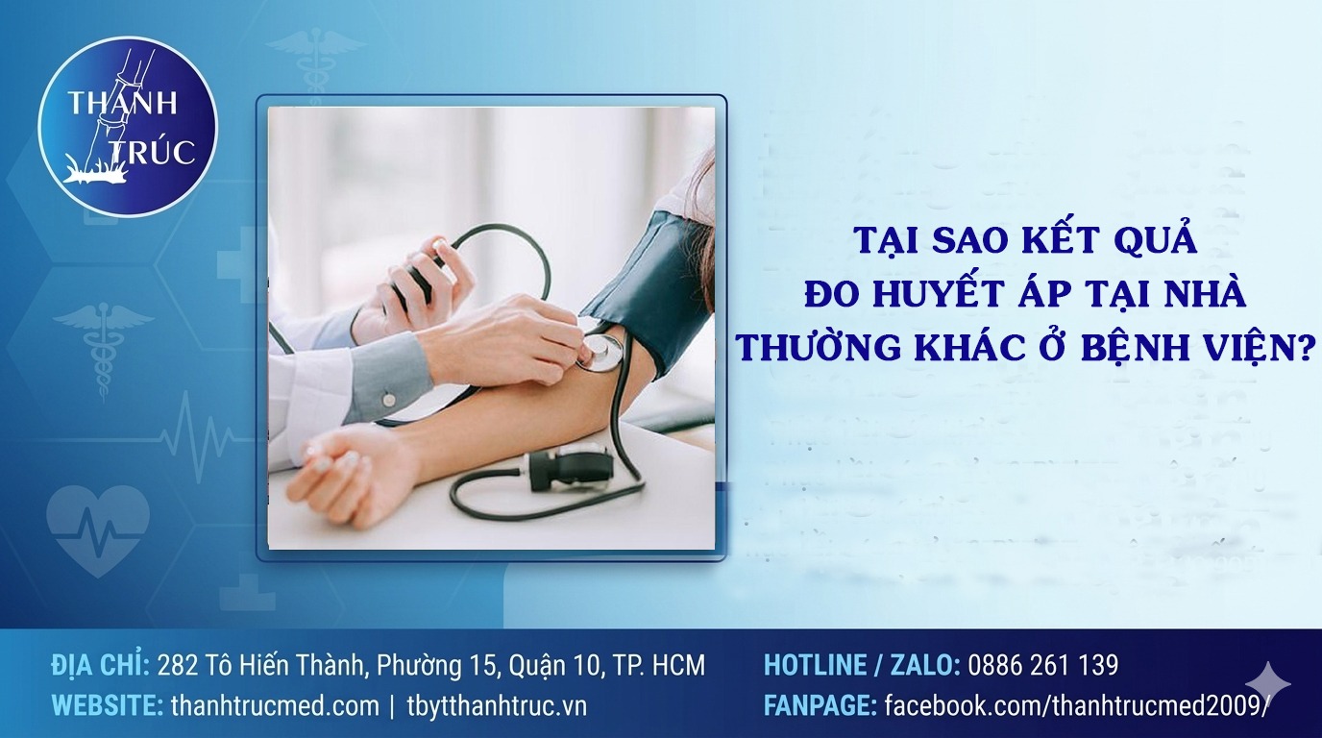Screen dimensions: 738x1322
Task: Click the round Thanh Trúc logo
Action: click(x=128, y=126)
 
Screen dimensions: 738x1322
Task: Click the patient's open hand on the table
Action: click(x=346, y=469)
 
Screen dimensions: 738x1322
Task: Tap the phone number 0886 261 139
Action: click(x=1043, y=665)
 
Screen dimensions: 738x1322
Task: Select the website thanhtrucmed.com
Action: click(x=275, y=706)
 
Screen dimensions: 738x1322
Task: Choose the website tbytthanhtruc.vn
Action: click(x=497, y=706)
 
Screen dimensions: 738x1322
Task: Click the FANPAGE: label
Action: click(x=820, y=706)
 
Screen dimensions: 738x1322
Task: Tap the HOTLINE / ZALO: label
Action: click(x=861, y=665)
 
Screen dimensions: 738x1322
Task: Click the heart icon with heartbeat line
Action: click(x=98, y=529)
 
